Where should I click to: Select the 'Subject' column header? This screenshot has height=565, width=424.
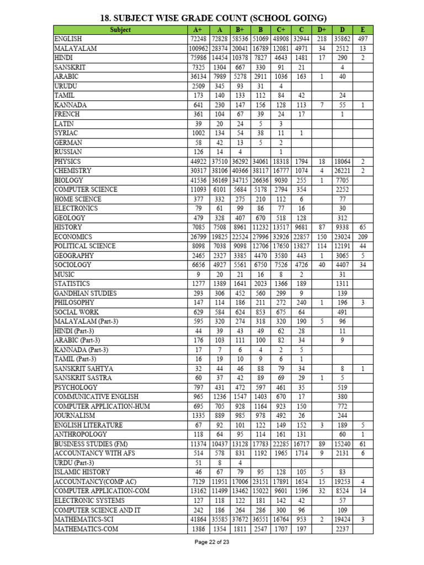[x=120, y=30]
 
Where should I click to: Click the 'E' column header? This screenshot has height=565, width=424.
[x=362, y=30]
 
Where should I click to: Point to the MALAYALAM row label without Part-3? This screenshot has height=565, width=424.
[x=75, y=49]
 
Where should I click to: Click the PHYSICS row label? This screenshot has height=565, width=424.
[x=67, y=162]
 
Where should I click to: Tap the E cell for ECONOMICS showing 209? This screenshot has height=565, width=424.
[x=362, y=237]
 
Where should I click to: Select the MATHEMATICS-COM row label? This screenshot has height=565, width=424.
[x=86, y=529]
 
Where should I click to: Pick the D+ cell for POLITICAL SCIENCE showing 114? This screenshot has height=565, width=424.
[x=321, y=246]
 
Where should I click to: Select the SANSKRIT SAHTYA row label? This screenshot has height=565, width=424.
[x=83, y=369]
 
